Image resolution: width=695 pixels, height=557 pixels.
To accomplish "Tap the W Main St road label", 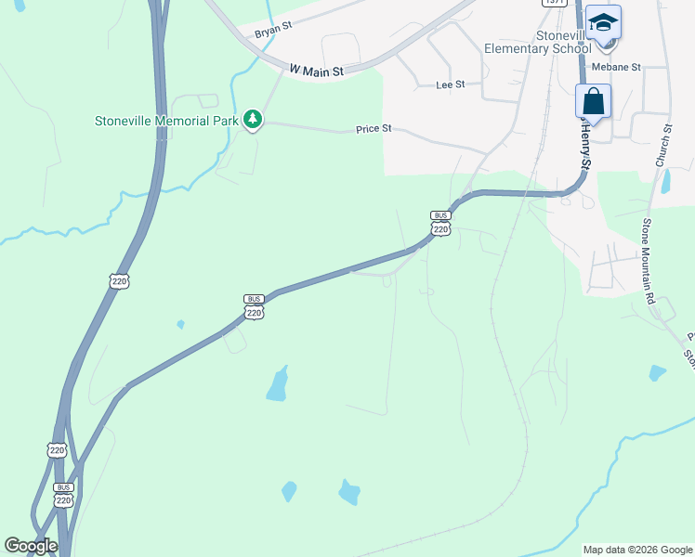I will point(316,70).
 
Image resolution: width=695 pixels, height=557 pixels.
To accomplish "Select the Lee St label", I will point(450,84).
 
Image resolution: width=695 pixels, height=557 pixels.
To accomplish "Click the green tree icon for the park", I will point(252,119).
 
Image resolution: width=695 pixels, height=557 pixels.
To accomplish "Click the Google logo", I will point(31,546).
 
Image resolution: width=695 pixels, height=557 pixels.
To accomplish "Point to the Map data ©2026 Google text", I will point(637,550).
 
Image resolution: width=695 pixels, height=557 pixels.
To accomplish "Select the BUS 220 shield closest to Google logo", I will point(63,494).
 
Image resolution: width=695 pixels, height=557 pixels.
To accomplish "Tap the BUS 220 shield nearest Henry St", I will point(440,223).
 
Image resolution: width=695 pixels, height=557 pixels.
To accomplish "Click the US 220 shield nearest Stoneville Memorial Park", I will point(118,279).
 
